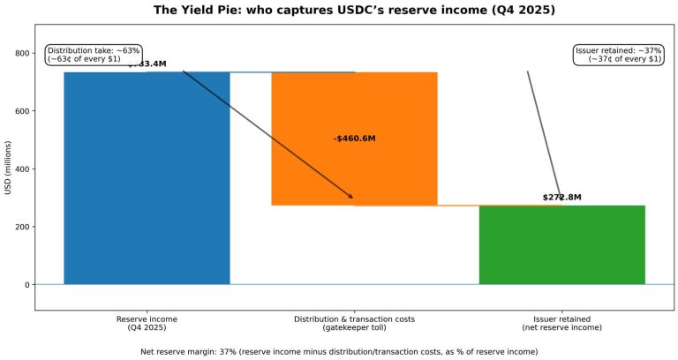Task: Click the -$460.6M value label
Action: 354,139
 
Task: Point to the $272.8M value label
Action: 561,198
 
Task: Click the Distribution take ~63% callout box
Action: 93,55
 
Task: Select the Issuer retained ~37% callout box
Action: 617,55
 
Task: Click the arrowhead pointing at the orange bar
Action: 350,197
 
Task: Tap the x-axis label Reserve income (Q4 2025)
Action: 147,323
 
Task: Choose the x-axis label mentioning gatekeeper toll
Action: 354,323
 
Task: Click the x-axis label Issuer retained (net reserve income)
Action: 561,323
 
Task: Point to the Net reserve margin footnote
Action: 339,351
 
